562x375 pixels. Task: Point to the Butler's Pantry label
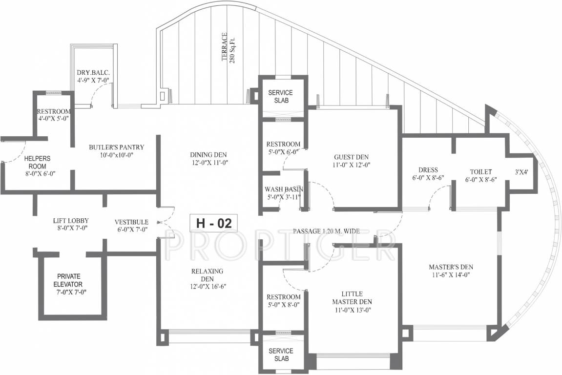pyautogui.click(x=116, y=150)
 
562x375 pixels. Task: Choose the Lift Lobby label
pyautogui.click(x=71, y=225)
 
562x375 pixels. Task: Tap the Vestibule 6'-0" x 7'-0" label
pyautogui.click(x=131, y=225)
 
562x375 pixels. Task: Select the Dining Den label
pyautogui.click(x=209, y=159)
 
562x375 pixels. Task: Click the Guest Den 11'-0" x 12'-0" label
pyautogui.click(x=352, y=161)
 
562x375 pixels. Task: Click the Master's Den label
pyautogui.click(x=451, y=271)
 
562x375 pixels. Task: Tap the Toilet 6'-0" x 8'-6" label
pyautogui.click(x=480, y=175)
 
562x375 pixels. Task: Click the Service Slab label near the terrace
pyautogui.click(x=281, y=96)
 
